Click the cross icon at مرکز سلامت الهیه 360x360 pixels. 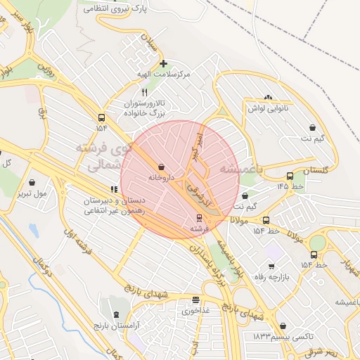[x=163, y=63]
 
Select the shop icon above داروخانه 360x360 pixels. [x=163, y=167]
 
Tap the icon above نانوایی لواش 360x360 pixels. [x=268, y=97]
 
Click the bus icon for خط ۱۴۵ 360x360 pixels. [x=290, y=176]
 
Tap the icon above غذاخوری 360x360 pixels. [x=195, y=299]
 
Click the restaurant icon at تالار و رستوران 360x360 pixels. [x=145, y=92]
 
